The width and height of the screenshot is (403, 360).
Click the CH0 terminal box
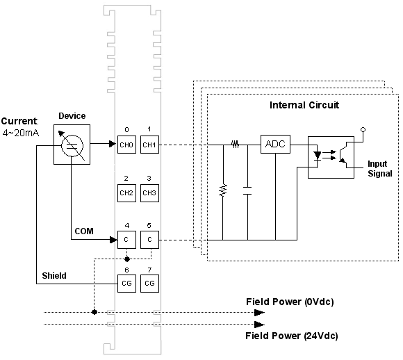click(126, 145)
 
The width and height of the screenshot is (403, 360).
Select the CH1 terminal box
click(149, 145)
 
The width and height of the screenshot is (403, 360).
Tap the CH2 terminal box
click(126, 193)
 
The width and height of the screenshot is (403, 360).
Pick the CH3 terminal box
click(149, 193)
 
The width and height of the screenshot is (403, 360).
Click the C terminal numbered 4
click(126, 240)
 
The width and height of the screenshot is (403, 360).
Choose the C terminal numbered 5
click(149, 240)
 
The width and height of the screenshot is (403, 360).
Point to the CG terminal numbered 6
click(126, 284)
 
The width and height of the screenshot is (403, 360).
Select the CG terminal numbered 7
click(149, 284)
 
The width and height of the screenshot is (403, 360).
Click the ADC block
click(275, 144)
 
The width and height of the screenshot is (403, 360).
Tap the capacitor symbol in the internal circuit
click(247, 190)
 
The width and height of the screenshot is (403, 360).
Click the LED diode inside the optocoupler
click(318, 156)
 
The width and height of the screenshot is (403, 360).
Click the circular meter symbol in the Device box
click(72, 145)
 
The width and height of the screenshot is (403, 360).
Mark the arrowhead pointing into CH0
click(113, 144)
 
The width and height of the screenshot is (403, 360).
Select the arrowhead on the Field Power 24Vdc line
click(259, 325)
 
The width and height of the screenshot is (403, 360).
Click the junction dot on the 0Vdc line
click(94, 312)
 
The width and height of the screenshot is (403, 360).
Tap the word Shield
click(54, 276)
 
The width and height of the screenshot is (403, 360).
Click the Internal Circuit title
click(304, 105)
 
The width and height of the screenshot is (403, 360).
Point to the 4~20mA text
click(21, 133)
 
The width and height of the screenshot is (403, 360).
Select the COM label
click(84, 231)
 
